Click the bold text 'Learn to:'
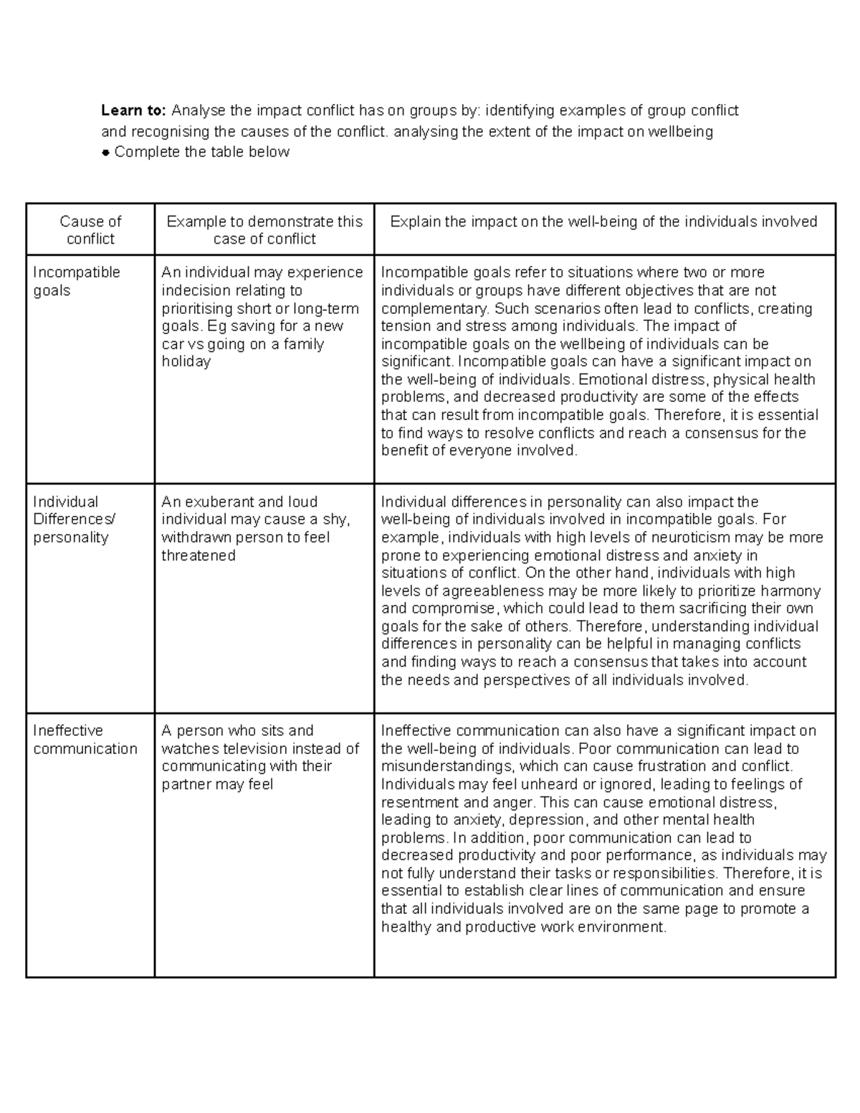133,110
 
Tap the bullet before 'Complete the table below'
105,153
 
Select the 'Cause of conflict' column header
90,230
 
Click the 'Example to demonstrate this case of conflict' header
264,230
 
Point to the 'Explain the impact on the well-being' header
603,221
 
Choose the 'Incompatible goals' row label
76,281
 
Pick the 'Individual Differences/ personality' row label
74,520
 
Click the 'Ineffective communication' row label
85,740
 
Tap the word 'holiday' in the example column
186,362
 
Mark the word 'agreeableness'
484,591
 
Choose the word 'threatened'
199,555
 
